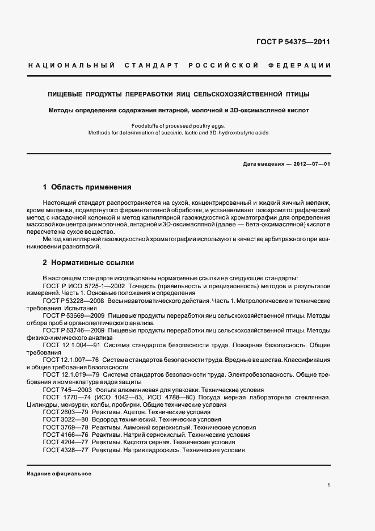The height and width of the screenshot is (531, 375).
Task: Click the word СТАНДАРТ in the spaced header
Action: (150, 66)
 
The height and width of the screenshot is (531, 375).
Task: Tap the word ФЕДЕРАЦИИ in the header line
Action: (304, 66)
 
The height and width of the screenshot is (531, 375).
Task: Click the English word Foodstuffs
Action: (144, 125)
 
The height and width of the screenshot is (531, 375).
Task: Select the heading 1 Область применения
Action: (87, 187)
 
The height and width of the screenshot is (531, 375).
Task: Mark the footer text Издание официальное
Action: (59, 474)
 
